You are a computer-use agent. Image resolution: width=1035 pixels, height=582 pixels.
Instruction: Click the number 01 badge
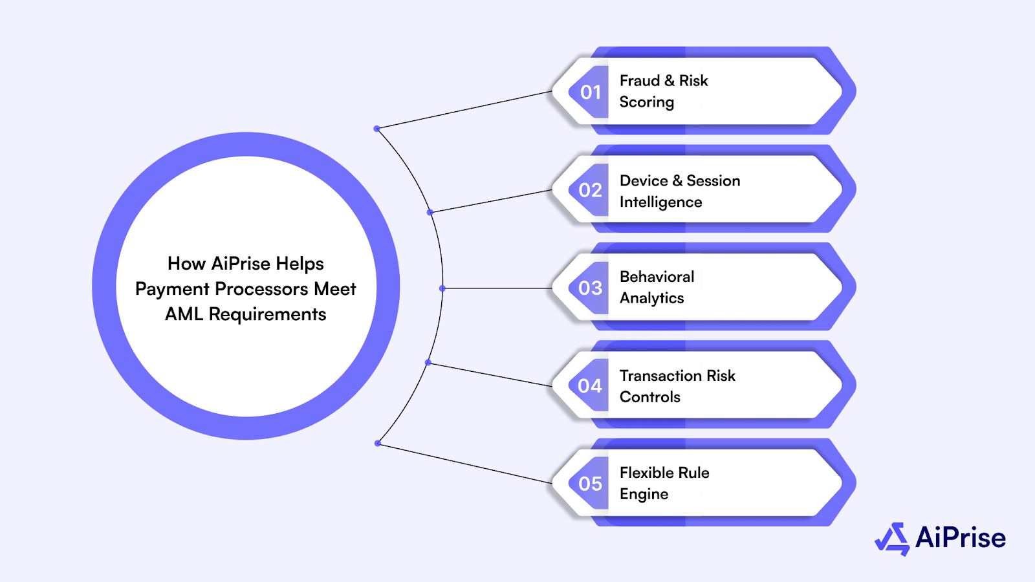[590, 92]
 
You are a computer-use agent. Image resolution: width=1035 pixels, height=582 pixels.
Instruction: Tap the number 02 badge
[590, 190]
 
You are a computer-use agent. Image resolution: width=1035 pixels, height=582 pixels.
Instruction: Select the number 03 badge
[590, 288]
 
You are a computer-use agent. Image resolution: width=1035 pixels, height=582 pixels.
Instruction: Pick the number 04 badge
[590, 386]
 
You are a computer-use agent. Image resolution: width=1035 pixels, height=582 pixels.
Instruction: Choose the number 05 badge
[590, 484]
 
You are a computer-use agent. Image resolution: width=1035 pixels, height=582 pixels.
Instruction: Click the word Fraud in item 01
[639, 81]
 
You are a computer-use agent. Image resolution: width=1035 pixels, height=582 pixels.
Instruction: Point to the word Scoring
[647, 102]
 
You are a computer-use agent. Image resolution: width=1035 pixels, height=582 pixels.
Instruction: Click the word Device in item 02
[644, 181]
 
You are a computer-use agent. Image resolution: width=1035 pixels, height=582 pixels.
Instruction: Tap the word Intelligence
[660, 202]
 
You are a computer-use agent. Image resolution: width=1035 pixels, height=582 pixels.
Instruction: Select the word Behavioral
[657, 277]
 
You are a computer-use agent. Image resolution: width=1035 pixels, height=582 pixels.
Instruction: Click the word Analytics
[651, 298]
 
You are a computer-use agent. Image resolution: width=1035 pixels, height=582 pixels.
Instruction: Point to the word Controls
[649, 397]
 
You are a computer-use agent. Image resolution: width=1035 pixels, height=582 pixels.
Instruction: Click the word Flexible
[647, 473]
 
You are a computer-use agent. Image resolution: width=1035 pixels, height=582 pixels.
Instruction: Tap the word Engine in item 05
[644, 494]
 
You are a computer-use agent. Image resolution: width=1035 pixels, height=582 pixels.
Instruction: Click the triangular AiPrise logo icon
[893, 539]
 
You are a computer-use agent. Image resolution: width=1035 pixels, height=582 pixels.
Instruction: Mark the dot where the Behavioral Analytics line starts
[442, 288]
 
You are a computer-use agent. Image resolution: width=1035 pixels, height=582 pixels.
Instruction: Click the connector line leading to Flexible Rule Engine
[466, 463]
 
